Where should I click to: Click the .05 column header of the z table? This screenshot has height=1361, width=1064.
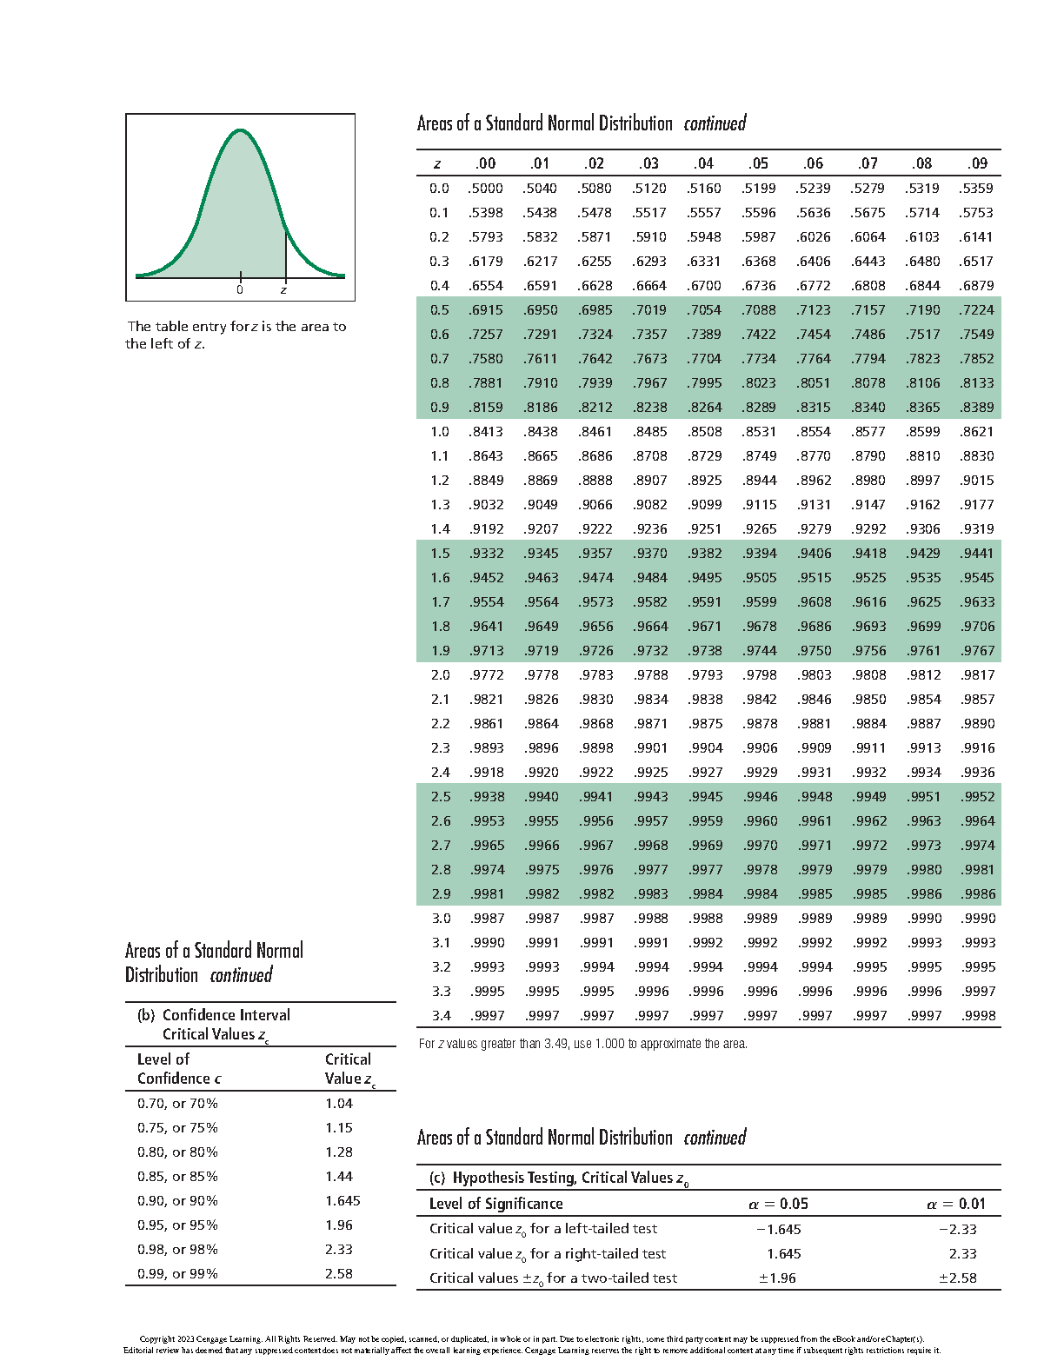point(759,163)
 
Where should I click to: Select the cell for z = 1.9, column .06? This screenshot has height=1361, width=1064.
point(814,650)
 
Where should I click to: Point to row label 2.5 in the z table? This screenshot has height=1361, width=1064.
point(441,796)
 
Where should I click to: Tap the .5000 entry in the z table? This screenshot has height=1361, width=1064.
point(485,188)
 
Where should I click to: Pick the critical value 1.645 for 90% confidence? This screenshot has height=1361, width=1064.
point(342,1200)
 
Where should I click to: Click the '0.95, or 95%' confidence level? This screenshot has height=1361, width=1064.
point(177,1225)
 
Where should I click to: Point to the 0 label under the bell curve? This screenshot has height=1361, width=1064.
point(240,289)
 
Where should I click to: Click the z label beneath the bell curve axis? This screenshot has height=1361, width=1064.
point(283,289)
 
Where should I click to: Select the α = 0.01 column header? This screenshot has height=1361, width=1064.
point(955,1204)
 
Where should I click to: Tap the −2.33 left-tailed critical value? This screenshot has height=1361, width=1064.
point(957,1229)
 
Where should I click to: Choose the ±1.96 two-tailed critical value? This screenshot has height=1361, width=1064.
point(776,1278)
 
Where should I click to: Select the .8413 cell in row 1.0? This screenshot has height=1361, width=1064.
point(485,431)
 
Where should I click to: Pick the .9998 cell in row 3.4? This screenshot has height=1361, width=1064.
point(978,1015)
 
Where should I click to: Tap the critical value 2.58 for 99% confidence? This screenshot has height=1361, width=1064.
point(339,1273)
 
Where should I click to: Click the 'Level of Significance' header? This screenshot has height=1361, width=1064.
point(495,1204)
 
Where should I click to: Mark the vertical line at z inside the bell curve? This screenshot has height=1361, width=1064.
point(286,254)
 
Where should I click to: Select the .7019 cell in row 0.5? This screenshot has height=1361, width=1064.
point(649,309)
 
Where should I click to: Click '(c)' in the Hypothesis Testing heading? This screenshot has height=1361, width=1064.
point(437,1178)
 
